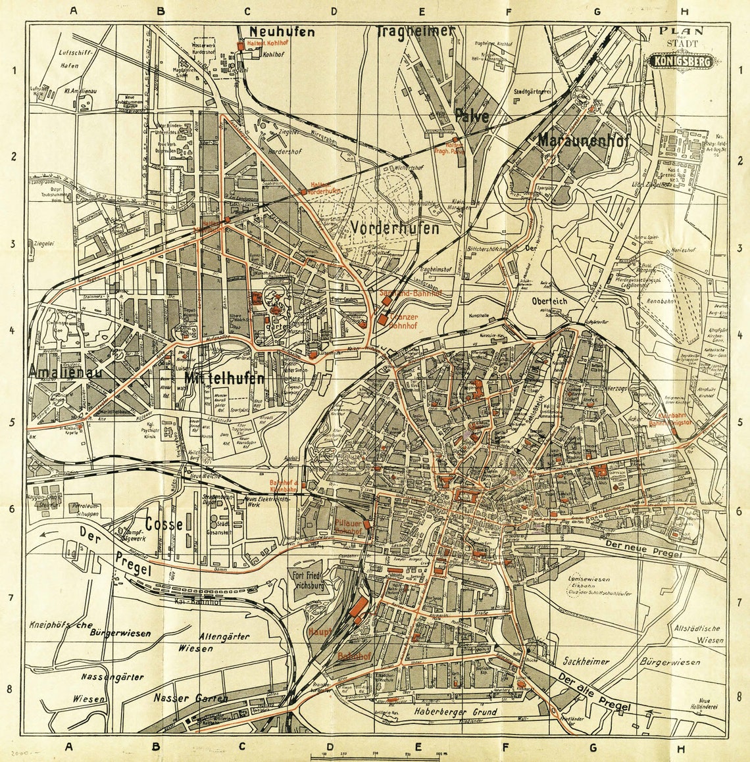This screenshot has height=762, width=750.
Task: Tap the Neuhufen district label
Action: (x=282, y=32)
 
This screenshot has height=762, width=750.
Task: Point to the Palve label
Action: (x=472, y=117)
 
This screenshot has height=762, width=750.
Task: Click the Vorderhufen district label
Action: (x=395, y=228)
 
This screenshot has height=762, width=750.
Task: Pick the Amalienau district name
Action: (x=54, y=372)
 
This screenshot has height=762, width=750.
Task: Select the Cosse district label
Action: (x=164, y=524)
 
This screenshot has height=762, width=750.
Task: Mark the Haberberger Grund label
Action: (x=455, y=711)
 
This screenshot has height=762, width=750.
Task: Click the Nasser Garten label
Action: (x=190, y=698)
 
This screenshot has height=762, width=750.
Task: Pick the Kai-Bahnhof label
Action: (x=192, y=601)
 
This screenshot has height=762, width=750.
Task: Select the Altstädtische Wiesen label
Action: (x=698, y=634)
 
